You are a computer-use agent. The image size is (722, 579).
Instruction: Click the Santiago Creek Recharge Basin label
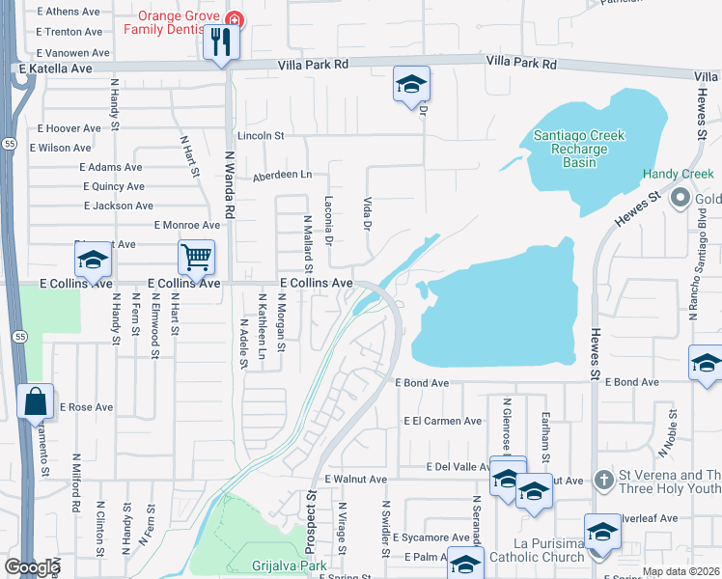click(579, 149)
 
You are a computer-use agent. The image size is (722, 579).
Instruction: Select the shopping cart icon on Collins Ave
click(196, 258)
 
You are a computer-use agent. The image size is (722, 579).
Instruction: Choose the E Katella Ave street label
click(55, 69)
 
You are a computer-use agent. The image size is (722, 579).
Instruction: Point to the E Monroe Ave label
click(187, 225)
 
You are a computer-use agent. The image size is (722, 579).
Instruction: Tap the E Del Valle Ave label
click(458, 466)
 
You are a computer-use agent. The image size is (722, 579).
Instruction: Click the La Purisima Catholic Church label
click(549, 550)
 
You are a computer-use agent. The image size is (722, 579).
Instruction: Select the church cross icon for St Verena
click(603, 479)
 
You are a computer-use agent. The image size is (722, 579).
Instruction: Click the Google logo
click(32, 567)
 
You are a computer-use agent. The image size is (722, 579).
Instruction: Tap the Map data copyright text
click(680, 571)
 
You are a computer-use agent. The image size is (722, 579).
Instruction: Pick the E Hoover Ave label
click(69, 128)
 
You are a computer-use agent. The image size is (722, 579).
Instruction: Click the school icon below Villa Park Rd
click(411, 85)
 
